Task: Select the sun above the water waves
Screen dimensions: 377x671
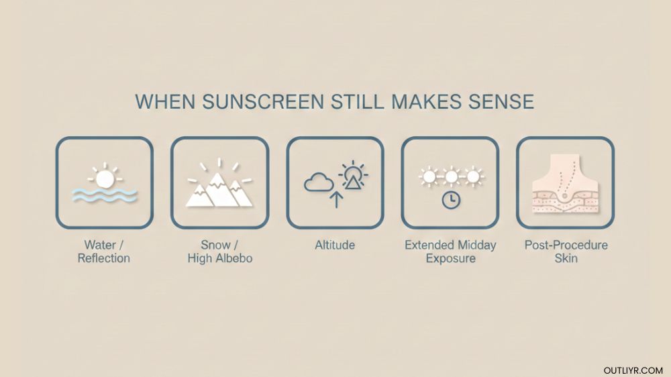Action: click(104, 178)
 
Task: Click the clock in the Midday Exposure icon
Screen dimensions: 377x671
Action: click(450, 200)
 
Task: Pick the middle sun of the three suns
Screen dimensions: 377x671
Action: click(450, 176)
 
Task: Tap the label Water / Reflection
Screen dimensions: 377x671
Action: click(104, 252)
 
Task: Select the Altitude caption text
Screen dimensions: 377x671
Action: click(335, 246)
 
